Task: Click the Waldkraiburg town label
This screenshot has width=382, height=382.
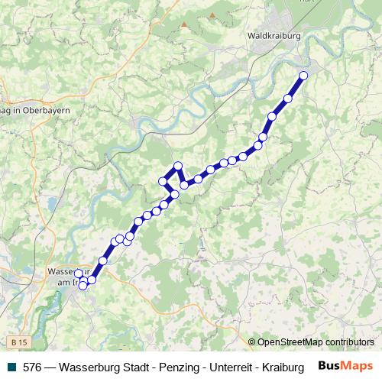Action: coord(273,35)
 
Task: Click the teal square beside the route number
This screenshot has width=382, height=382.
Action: coord(9,366)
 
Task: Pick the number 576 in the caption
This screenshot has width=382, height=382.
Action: coord(34,366)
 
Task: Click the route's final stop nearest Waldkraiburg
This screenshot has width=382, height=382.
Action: coord(303,75)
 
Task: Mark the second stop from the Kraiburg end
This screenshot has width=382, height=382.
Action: coord(288,98)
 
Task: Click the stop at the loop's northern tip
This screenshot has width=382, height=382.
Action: coord(178,166)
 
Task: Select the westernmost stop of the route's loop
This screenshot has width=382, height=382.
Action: coord(162,181)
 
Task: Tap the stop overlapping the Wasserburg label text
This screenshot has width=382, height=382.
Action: coord(77,273)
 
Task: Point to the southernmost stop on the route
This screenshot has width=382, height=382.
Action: coord(83,286)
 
